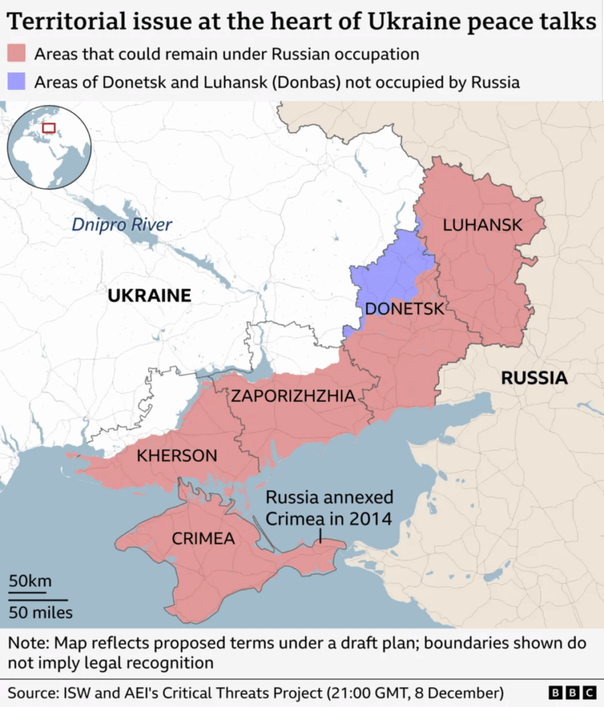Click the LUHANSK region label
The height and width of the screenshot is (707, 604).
482,225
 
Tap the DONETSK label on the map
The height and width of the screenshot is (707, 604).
404,309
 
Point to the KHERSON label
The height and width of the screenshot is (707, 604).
177,456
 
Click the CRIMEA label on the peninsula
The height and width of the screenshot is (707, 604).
204,539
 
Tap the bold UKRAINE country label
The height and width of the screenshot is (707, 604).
149,296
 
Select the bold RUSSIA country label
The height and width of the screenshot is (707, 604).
534,378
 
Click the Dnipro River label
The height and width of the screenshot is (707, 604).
122,224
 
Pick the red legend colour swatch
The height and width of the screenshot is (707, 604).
17,54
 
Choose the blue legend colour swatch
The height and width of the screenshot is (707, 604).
17,82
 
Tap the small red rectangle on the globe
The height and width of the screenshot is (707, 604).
48,128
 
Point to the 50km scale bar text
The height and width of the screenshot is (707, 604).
30,581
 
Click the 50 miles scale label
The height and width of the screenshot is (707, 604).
40,612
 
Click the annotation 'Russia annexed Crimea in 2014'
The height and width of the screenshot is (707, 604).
330,507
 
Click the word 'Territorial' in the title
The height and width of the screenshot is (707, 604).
62,21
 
